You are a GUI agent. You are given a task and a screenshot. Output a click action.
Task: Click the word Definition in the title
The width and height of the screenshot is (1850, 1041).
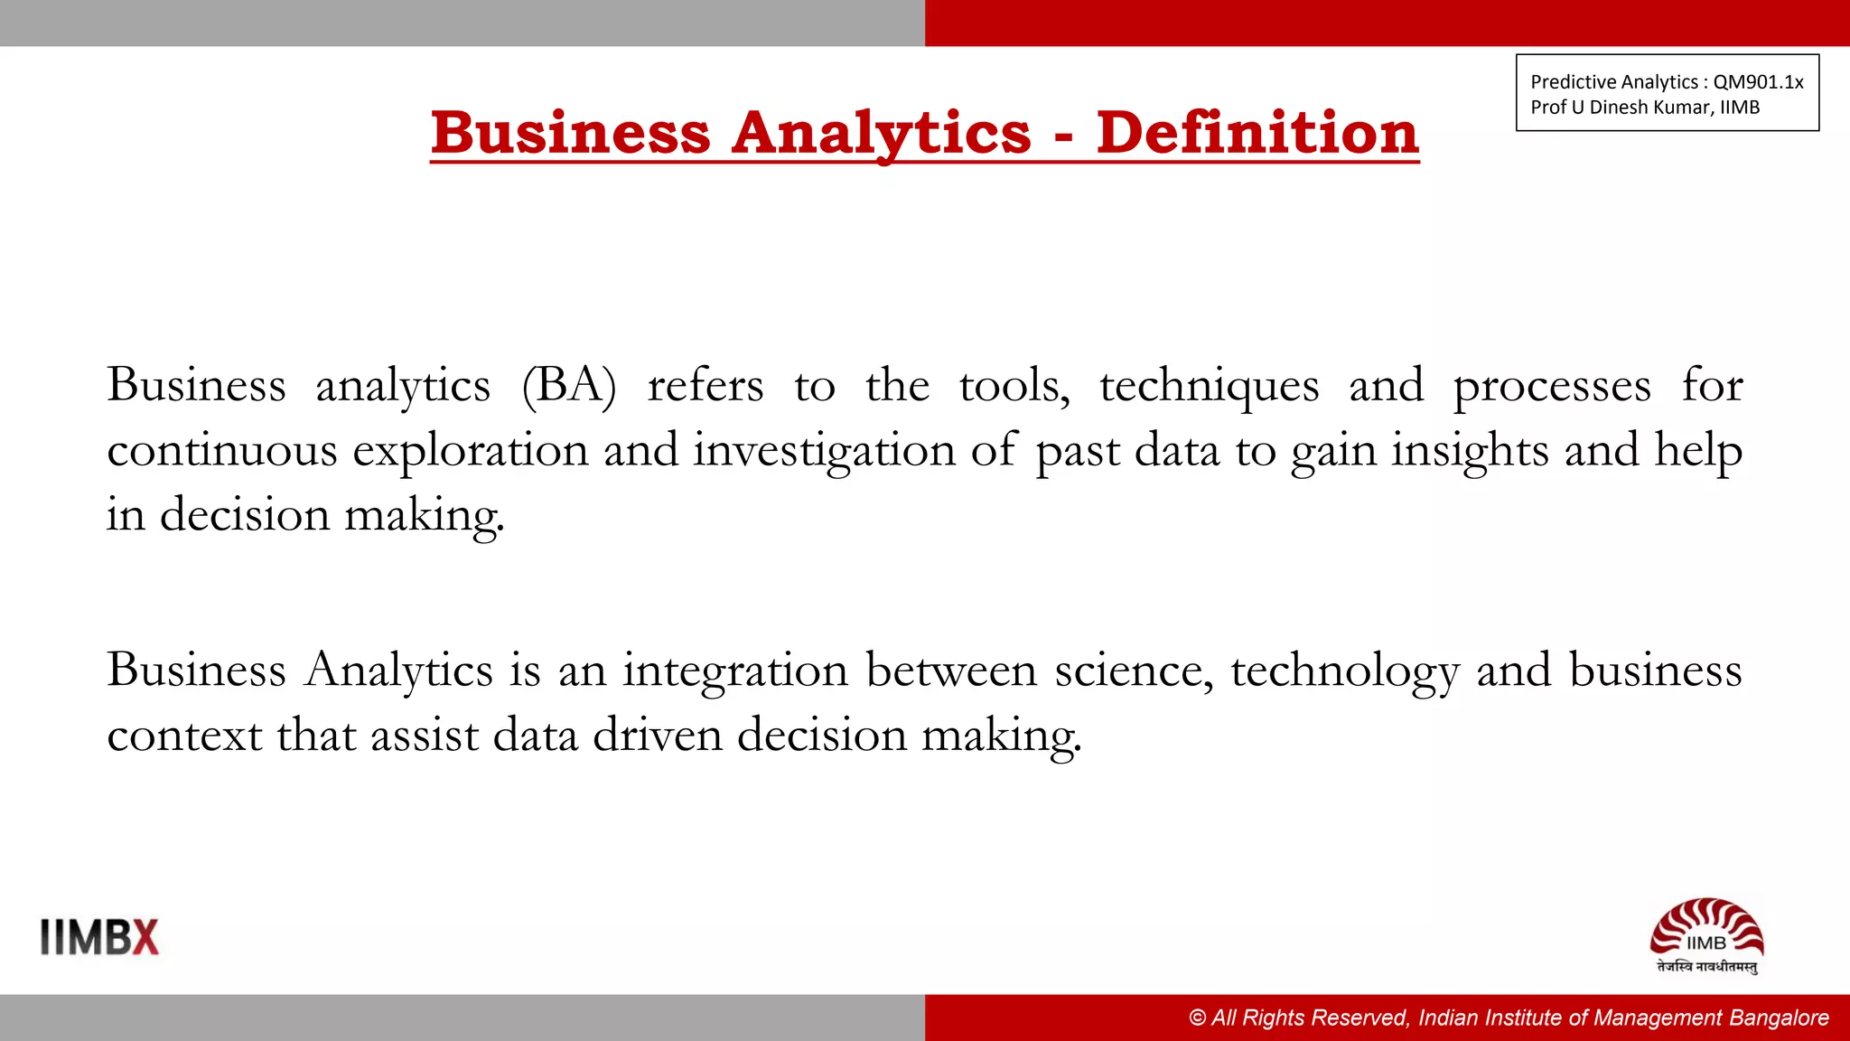pos(1257,133)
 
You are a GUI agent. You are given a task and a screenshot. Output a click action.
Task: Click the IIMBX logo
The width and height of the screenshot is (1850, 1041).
pos(99,937)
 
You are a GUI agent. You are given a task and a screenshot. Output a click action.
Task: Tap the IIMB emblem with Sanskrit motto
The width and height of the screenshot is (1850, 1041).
pos(1706,936)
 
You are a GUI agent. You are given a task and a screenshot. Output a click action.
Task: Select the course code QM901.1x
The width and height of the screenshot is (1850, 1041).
pos(1758,82)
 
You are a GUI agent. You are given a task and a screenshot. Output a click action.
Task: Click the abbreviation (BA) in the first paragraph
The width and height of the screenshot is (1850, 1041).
pos(569,386)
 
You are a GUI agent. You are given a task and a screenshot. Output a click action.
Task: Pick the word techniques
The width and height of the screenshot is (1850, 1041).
pos(1209,386)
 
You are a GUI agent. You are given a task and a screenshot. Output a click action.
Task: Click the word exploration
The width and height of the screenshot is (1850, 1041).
pos(470,451)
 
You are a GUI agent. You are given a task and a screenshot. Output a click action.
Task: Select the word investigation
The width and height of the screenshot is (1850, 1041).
pos(824,451)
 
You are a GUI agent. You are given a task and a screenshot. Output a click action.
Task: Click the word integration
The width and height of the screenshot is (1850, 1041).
pos(735,671)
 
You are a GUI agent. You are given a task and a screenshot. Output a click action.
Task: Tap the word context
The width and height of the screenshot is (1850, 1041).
pos(184,736)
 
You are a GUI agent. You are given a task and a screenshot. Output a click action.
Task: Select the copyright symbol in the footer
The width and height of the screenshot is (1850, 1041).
pos(1198,1018)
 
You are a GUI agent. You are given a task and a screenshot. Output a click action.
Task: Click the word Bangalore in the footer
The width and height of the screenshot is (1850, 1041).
pos(1780,1018)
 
